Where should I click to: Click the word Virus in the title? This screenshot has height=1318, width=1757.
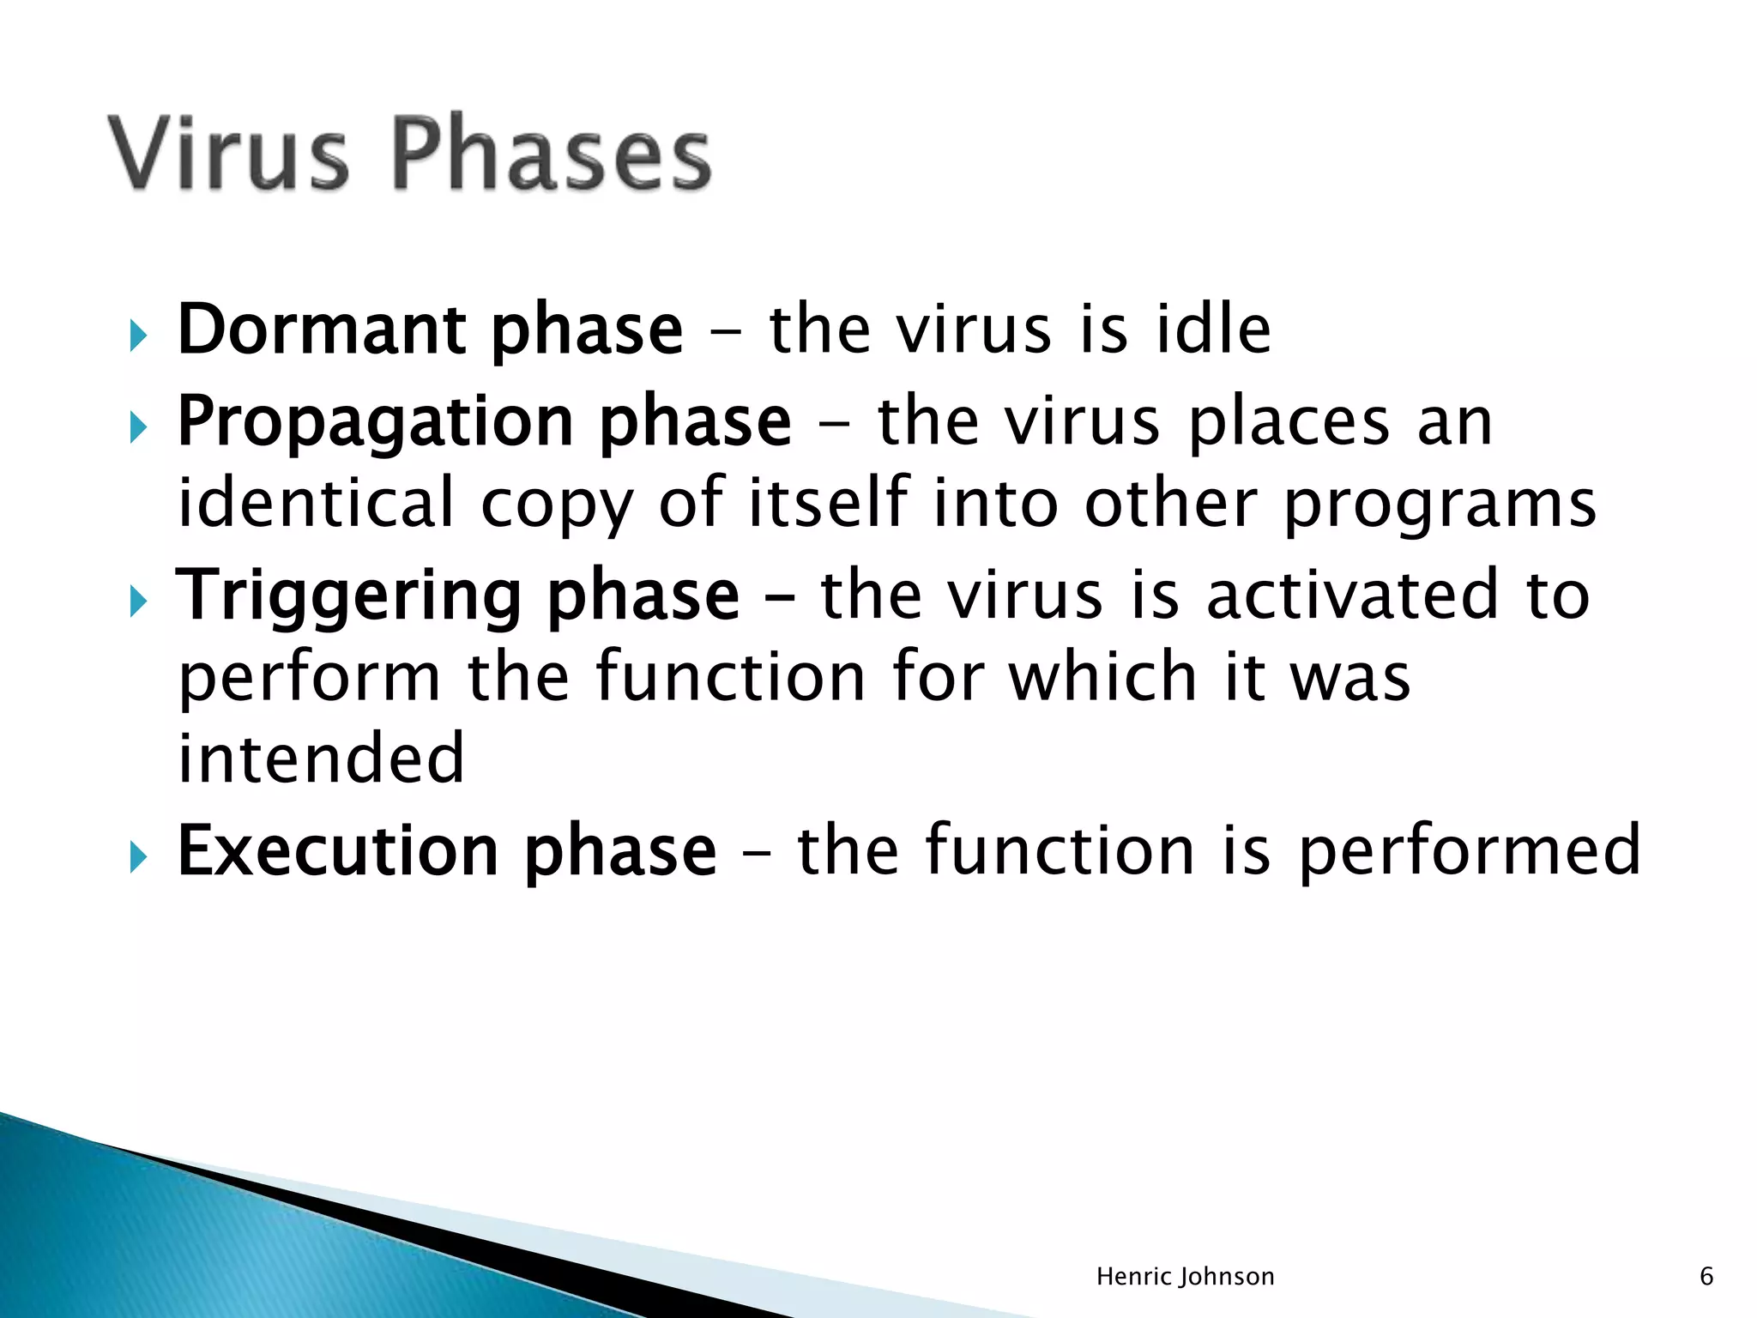(228, 153)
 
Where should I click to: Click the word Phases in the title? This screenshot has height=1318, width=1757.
(552, 153)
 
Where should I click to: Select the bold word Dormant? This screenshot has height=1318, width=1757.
(321, 330)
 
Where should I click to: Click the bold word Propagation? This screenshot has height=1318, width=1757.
(374, 422)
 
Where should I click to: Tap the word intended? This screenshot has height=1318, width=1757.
(321, 759)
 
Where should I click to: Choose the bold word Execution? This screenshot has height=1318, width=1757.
(337, 851)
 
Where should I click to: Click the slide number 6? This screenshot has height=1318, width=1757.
(1706, 1277)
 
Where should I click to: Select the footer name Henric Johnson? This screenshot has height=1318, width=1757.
(1185, 1277)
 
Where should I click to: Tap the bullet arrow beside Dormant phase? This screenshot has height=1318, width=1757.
(138, 336)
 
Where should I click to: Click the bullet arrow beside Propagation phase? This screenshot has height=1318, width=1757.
(138, 426)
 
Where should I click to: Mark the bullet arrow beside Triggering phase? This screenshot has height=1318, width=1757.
(138, 602)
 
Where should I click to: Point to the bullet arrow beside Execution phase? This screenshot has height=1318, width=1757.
(138, 856)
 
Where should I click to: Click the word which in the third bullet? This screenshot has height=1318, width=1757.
(1102, 678)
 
